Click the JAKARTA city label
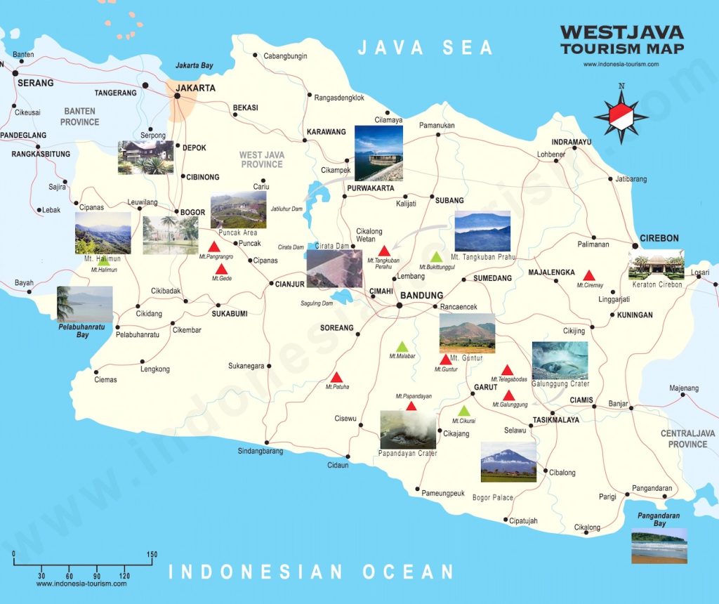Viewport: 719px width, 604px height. point(196,88)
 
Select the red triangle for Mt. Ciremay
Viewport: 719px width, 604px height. point(590,275)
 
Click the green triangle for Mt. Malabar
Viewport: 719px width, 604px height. point(402,346)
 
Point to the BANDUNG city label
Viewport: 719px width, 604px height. point(421,296)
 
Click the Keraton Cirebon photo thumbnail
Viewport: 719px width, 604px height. point(657,265)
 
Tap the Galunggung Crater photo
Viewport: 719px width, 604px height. point(560,360)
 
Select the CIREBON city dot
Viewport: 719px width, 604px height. point(635,245)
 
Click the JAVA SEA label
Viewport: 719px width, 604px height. point(426,48)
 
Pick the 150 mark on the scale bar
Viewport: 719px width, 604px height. point(152,555)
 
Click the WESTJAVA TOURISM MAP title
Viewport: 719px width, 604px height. point(621,40)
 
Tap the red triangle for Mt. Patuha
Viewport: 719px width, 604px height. point(336,377)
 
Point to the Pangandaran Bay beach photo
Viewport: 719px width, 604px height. point(659,546)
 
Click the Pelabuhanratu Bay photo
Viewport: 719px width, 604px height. point(85,304)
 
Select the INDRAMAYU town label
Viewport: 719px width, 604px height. point(572,141)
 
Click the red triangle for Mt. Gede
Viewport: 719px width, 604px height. point(221,269)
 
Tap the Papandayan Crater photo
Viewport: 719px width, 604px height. point(408,430)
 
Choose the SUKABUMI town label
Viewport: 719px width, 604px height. point(230,314)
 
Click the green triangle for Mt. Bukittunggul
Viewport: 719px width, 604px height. point(436,257)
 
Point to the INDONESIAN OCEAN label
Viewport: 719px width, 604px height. point(312,572)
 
